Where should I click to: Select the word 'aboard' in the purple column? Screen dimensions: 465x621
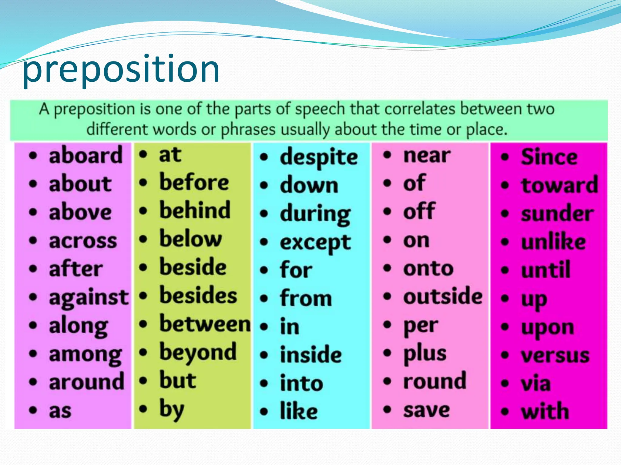86,155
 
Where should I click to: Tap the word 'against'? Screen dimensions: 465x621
89,298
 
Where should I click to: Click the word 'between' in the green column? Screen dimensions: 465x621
205,324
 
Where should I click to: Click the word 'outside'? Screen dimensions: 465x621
443,296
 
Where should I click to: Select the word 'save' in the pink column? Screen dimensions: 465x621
426,410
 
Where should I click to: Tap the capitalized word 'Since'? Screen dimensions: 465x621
549,157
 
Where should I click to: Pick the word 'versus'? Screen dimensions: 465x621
555,355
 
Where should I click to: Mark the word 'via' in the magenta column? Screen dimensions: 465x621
535,383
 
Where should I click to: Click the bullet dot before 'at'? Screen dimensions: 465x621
143,155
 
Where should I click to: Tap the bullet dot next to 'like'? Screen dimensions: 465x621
264,412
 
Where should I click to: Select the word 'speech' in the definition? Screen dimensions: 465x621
320,109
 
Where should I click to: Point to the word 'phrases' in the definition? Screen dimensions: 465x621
248,130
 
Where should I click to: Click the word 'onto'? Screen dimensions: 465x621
428,269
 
